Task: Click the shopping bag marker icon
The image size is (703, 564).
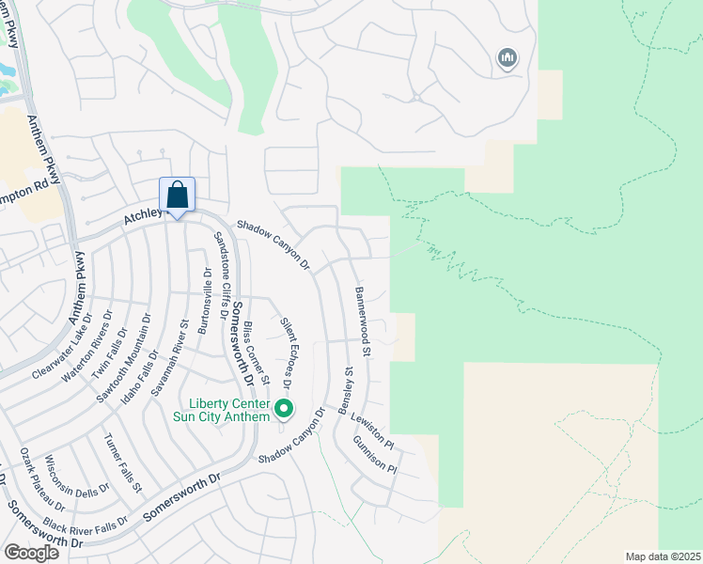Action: coord(177,196)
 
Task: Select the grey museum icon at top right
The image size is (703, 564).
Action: coord(508,58)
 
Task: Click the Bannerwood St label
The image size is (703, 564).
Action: coord(363,322)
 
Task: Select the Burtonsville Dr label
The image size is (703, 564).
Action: coord(205,301)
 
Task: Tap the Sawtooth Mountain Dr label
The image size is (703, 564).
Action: coord(126,358)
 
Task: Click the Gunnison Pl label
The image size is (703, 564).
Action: coord(376,454)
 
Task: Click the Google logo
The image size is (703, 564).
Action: coord(31,552)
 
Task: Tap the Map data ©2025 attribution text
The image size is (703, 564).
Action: coord(663,556)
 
